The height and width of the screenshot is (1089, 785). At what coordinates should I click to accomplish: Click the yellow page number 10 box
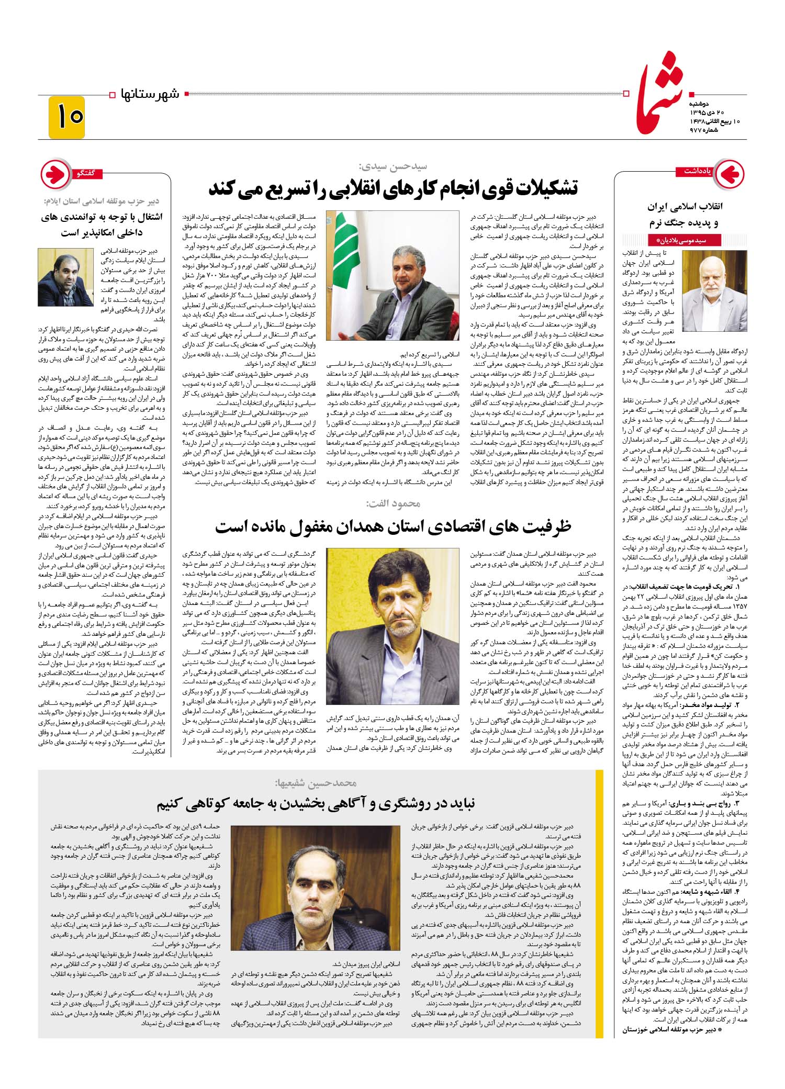coord(66,117)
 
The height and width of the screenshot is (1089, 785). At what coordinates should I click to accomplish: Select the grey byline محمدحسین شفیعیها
coord(316,783)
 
